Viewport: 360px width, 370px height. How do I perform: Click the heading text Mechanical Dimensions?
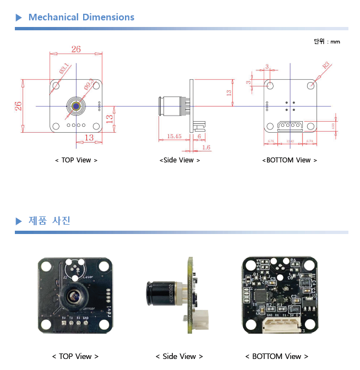tap(81, 17)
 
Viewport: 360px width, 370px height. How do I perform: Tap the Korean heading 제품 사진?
tap(50, 221)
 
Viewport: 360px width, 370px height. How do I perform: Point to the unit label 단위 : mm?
tap(327, 41)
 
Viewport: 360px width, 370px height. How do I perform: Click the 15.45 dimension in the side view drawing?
tap(174, 136)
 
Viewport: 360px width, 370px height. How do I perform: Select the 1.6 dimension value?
tap(206, 147)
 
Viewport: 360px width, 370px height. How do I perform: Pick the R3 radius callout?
tap(326, 65)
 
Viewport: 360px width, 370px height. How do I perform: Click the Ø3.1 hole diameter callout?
tap(64, 69)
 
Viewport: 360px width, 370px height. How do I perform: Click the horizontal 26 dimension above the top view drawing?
tap(76, 49)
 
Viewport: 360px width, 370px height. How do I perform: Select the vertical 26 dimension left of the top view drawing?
tap(18, 106)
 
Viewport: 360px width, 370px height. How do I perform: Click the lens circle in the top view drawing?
tap(76, 106)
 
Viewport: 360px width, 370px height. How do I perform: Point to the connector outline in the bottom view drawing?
tap(290, 125)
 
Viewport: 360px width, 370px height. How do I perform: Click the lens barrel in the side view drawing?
tap(171, 106)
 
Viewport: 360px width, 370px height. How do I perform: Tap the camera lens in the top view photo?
tap(74, 297)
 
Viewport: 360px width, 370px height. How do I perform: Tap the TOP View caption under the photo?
tap(75, 357)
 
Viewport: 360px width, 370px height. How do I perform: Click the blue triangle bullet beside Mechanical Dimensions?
tap(19, 18)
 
